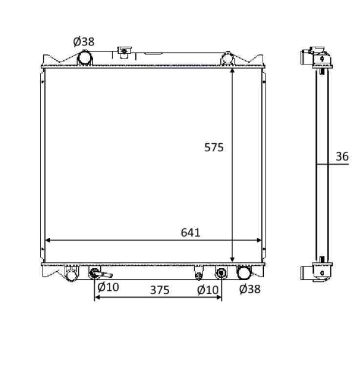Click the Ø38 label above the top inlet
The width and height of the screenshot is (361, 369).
tap(84, 41)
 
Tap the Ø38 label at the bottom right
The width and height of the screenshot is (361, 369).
tap(249, 288)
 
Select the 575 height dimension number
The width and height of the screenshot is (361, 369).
tap(214, 147)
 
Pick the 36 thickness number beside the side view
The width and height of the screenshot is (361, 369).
tap(342, 157)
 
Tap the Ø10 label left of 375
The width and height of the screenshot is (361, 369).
tap(108, 287)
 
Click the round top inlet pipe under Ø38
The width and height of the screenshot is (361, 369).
tap(84, 58)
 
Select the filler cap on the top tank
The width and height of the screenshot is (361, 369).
tap(125, 52)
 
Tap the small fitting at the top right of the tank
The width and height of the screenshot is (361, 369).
tap(227, 58)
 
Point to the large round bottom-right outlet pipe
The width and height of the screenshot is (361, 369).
tap(244, 272)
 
